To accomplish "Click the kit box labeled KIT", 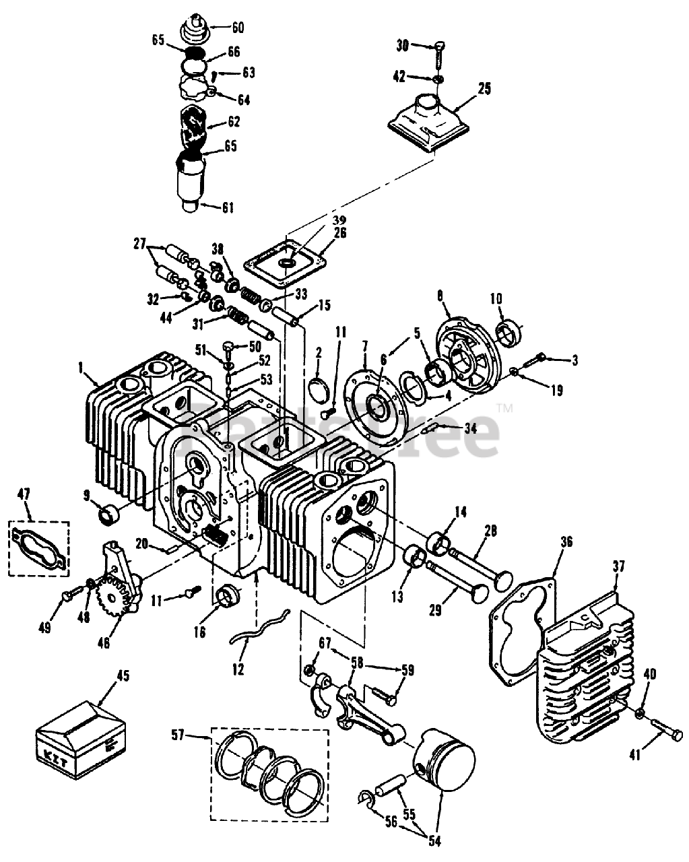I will (x=81, y=731).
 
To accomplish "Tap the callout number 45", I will (x=123, y=675).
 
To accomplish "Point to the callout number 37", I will (x=619, y=565).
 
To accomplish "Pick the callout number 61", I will (x=228, y=207).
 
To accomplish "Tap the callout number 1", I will (x=81, y=368).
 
